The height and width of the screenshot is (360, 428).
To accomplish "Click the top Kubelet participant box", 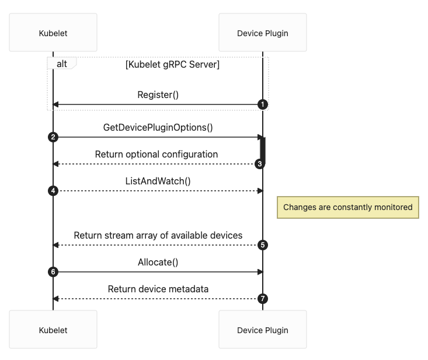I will pos(53,33).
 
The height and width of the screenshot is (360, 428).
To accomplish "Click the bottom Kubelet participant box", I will pos(53,330).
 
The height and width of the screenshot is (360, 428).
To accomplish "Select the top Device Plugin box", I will pos(262,33).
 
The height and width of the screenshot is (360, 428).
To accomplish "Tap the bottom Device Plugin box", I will pos(262,330).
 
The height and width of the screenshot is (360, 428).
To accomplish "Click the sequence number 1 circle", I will pos(263,104).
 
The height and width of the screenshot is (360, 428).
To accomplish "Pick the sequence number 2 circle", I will pos(53,137).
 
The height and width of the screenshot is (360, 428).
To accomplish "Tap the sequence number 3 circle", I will pos(260,164).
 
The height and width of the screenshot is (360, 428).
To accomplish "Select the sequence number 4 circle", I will pos(53,191).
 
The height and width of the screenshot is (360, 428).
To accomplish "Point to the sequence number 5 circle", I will pos(263,245).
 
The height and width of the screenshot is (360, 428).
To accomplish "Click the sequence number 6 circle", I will pos(53,272).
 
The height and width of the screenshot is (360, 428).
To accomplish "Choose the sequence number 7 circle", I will pos(263,299).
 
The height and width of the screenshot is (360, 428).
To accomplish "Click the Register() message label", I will pos(158,95).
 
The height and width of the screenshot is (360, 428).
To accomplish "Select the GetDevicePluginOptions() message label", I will pos(158,127).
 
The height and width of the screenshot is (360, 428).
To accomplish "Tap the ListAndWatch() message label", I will pos(158,181).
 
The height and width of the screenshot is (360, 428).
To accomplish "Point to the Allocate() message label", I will pos(158,262).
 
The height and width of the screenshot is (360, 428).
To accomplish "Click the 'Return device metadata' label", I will pos(158,289).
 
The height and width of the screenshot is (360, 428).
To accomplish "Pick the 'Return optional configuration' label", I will pos(156,154).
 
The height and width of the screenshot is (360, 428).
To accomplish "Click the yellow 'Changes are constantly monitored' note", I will pos(347,207).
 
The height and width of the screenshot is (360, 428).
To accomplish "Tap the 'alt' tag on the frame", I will pos(61,63).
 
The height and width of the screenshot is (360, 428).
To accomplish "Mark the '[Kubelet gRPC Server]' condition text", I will pos(172,64).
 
